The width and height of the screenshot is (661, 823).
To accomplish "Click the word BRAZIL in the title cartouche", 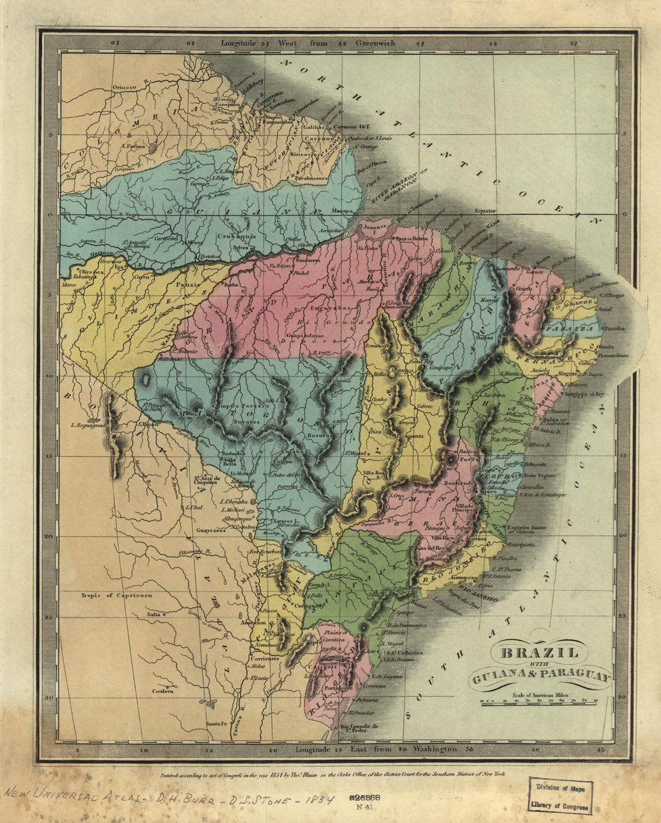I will [539, 653].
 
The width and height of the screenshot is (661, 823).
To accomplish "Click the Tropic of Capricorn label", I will [117, 595].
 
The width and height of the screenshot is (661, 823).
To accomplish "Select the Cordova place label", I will [162, 691].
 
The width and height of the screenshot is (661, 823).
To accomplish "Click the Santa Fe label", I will [216, 723].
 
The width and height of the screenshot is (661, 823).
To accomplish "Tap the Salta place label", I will [156, 615].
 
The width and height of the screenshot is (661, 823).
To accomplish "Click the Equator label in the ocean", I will [486, 211].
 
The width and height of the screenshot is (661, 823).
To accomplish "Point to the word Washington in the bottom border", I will [434, 750].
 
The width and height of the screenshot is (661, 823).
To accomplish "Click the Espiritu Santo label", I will [526, 527].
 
